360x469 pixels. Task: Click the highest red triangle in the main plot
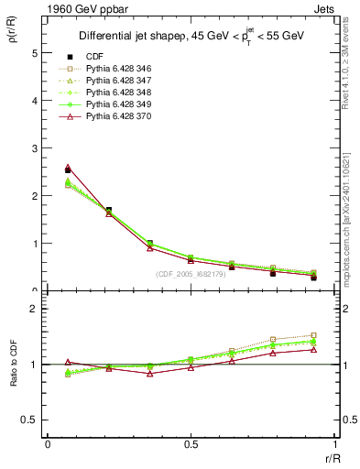[x=68, y=168]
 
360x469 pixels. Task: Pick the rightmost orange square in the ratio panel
[x=313, y=335]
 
